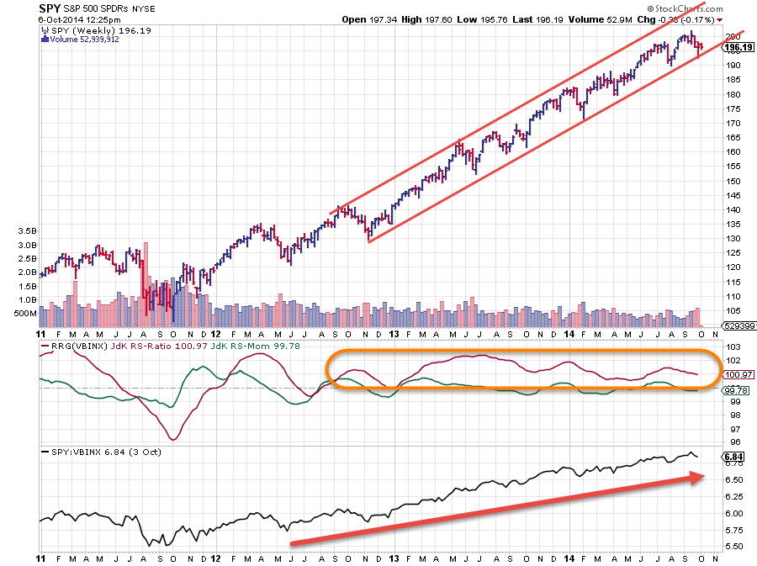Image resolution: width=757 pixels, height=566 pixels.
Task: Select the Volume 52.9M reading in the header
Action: (599, 19)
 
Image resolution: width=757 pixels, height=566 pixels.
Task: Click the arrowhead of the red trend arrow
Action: (697, 478)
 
